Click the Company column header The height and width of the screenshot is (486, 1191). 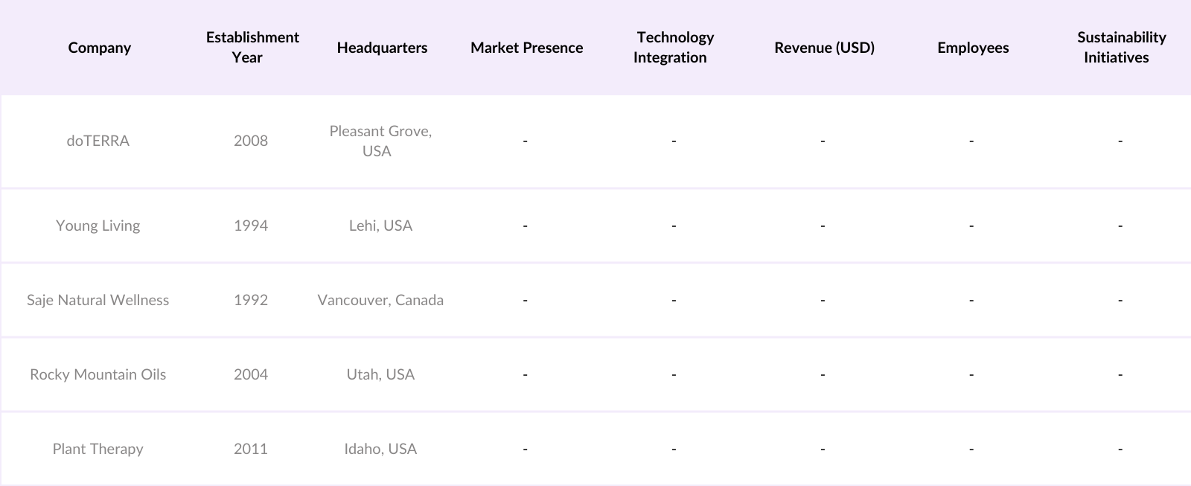tap(99, 48)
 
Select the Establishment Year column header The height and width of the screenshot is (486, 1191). tap(252, 47)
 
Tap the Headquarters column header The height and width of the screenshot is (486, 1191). tap(382, 48)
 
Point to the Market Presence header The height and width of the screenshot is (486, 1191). tap(526, 48)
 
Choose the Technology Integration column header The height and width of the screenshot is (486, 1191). tap(674, 47)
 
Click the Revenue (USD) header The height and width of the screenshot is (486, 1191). tap(824, 48)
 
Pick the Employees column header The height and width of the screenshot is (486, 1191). tap(973, 48)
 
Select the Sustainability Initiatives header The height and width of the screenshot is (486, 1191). tap(1120, 47)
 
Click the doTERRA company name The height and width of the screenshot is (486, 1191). tap(98, 141)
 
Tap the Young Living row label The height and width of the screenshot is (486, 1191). tap(98, 226)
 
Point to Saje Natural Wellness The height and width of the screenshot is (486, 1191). tap(98, 300)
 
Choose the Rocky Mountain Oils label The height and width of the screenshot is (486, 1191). tap(98, 374)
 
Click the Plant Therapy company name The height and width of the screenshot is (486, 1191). tap(98, 449)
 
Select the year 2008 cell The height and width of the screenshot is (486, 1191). tap(251, 141)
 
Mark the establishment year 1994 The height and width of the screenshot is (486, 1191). tap(251, 226)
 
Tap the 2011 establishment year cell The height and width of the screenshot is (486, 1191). tap(251, 449)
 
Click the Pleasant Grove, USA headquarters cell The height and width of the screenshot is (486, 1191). tap(380, 141)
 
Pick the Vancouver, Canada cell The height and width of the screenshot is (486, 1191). tap(380, 300)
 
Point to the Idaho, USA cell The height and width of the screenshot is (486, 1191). tap(380, 449)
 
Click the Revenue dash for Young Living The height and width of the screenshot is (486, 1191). tap(823, 226)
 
